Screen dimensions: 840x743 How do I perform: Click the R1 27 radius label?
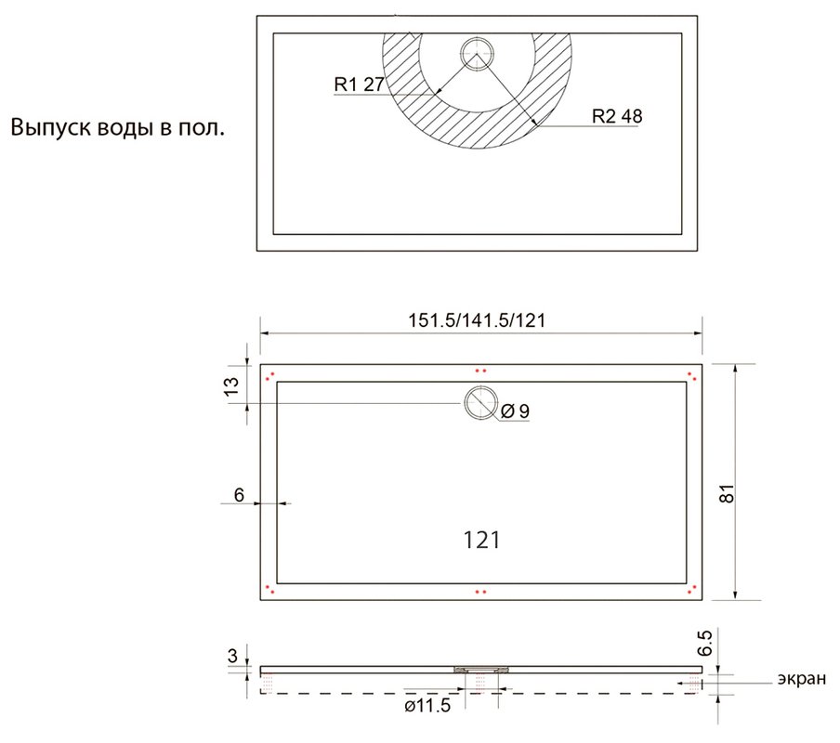pyautogui.click(x=359, y=84)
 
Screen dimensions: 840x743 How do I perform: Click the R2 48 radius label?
pyautogui.click(x=617, y=116)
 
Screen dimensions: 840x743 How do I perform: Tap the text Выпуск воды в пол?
pyautogui.click(x=117, y=128)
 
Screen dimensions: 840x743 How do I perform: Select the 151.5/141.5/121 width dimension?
pyautogui.click(x=477, y=320)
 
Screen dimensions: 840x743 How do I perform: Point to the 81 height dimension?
pyautogui.click(x=727, y=493)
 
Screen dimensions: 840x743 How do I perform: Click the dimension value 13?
pyautogui.click(x=231, y=386)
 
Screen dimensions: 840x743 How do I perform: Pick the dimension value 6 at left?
pyautogui.click(x=239, y=495)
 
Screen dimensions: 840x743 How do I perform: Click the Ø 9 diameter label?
pyautogui.click(x=515, y=411)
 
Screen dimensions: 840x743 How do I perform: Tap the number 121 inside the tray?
pyautogui.click(x=481, y=541)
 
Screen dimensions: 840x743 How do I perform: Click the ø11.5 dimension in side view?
pyautogui.click(x=427, y=706)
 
